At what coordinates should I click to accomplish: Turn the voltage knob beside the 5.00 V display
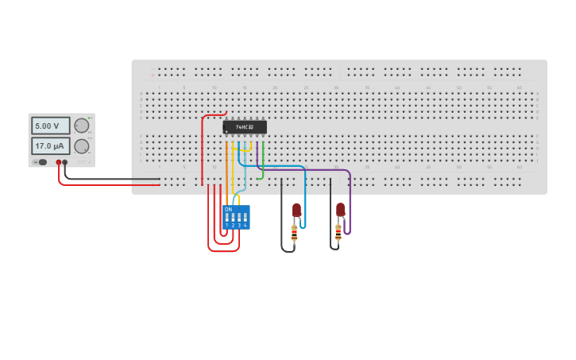coord(82,126)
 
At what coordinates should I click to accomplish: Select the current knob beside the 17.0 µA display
coord(82,146)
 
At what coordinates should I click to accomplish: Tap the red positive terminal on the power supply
coord(59,162)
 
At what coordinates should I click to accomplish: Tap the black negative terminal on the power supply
coord(65,162)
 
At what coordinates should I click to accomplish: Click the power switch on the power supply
coord(40,162)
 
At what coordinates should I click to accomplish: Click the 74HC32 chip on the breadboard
coord(245,127)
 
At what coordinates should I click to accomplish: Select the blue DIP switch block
coord(237,217)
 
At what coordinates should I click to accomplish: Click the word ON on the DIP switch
coord(228,209)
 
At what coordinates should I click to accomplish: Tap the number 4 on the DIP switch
coord(245,226)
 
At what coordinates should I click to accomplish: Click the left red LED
coord(296,210)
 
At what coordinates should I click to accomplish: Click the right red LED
coord(340,210)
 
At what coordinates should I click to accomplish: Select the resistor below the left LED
coord(294,234)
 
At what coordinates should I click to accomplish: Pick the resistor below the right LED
coord(338,234)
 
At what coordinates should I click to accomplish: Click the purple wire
coord(318,169)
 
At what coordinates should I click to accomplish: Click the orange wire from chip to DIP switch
coord(226,171)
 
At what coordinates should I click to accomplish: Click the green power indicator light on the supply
coord(90,118)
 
